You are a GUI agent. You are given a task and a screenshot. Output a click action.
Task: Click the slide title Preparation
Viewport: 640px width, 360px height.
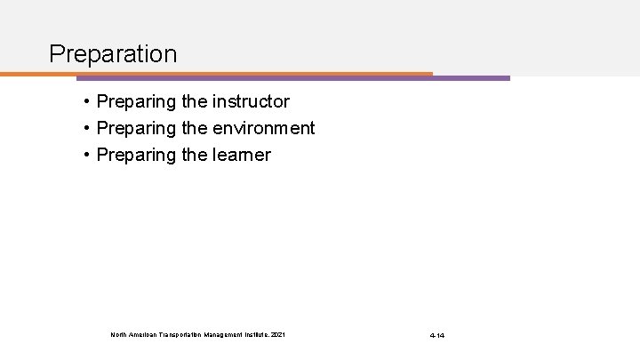(113, 54)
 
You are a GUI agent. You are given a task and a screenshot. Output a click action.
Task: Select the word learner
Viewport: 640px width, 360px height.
(241, 156)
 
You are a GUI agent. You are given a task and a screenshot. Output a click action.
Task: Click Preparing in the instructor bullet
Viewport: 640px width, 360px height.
(135, 102)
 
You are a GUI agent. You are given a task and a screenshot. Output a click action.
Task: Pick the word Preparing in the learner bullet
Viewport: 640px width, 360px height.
(135, 156)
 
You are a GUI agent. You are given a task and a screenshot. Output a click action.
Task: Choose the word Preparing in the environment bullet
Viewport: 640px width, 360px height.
(135, 129)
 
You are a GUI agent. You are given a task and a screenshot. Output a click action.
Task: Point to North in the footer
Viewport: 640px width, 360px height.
(119, 334)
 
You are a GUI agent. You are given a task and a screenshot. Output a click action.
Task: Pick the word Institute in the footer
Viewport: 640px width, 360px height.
(262, 334)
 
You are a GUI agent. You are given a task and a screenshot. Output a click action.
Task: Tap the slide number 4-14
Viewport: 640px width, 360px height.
(437, 335)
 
